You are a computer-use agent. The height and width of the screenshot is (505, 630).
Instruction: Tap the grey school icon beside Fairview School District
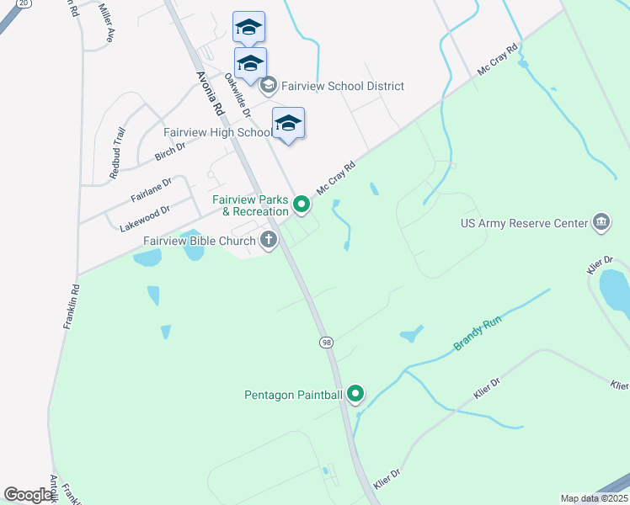(x=269, y=85)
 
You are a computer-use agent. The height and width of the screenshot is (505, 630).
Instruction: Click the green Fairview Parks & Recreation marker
(x=302, y=203)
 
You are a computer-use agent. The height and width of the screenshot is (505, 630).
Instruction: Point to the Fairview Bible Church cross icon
(x=269, y=241)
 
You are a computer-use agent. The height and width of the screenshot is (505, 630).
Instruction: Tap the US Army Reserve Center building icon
(x=601, y=222)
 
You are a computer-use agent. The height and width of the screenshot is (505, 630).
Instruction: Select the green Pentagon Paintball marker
(x=355, y=393)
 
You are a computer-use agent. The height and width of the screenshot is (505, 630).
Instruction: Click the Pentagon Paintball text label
(x=293, y=394)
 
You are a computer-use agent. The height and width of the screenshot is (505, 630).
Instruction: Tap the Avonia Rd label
(x=210, y=92)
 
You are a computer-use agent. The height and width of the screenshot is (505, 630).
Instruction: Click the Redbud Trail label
(x=117, y=152)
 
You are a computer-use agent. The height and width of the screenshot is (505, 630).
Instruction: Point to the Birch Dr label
(x=169, y=151)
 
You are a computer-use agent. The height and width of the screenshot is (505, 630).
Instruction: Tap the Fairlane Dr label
(x=151, y=189)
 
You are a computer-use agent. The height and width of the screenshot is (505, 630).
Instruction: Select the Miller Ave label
(x=106, y=23)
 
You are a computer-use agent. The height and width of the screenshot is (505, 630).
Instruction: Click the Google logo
(x=28, y=495)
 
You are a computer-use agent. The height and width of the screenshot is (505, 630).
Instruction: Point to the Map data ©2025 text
(x=594, y=498)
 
